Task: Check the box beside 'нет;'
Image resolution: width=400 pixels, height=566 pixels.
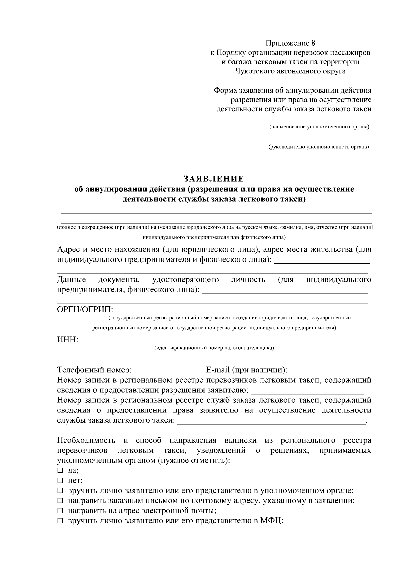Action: point(60,480)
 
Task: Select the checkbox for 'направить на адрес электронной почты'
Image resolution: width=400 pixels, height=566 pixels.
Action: point(60,510)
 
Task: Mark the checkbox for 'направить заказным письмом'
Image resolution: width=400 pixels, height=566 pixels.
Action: point(60,500)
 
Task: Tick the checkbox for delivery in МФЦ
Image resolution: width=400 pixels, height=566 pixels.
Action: point(60,520)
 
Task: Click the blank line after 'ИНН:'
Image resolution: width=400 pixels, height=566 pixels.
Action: point(225,341)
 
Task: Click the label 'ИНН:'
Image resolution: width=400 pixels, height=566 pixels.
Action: point(68,340)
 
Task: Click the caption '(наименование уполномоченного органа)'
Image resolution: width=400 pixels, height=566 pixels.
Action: point(319,127)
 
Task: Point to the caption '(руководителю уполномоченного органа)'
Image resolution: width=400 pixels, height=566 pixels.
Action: point(319,147)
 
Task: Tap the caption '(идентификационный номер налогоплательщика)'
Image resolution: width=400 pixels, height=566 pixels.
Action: point(214,348)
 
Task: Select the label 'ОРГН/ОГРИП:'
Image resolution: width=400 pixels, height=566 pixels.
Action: point(85,310)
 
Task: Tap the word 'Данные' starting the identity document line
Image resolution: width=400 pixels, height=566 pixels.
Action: point(72,280)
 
